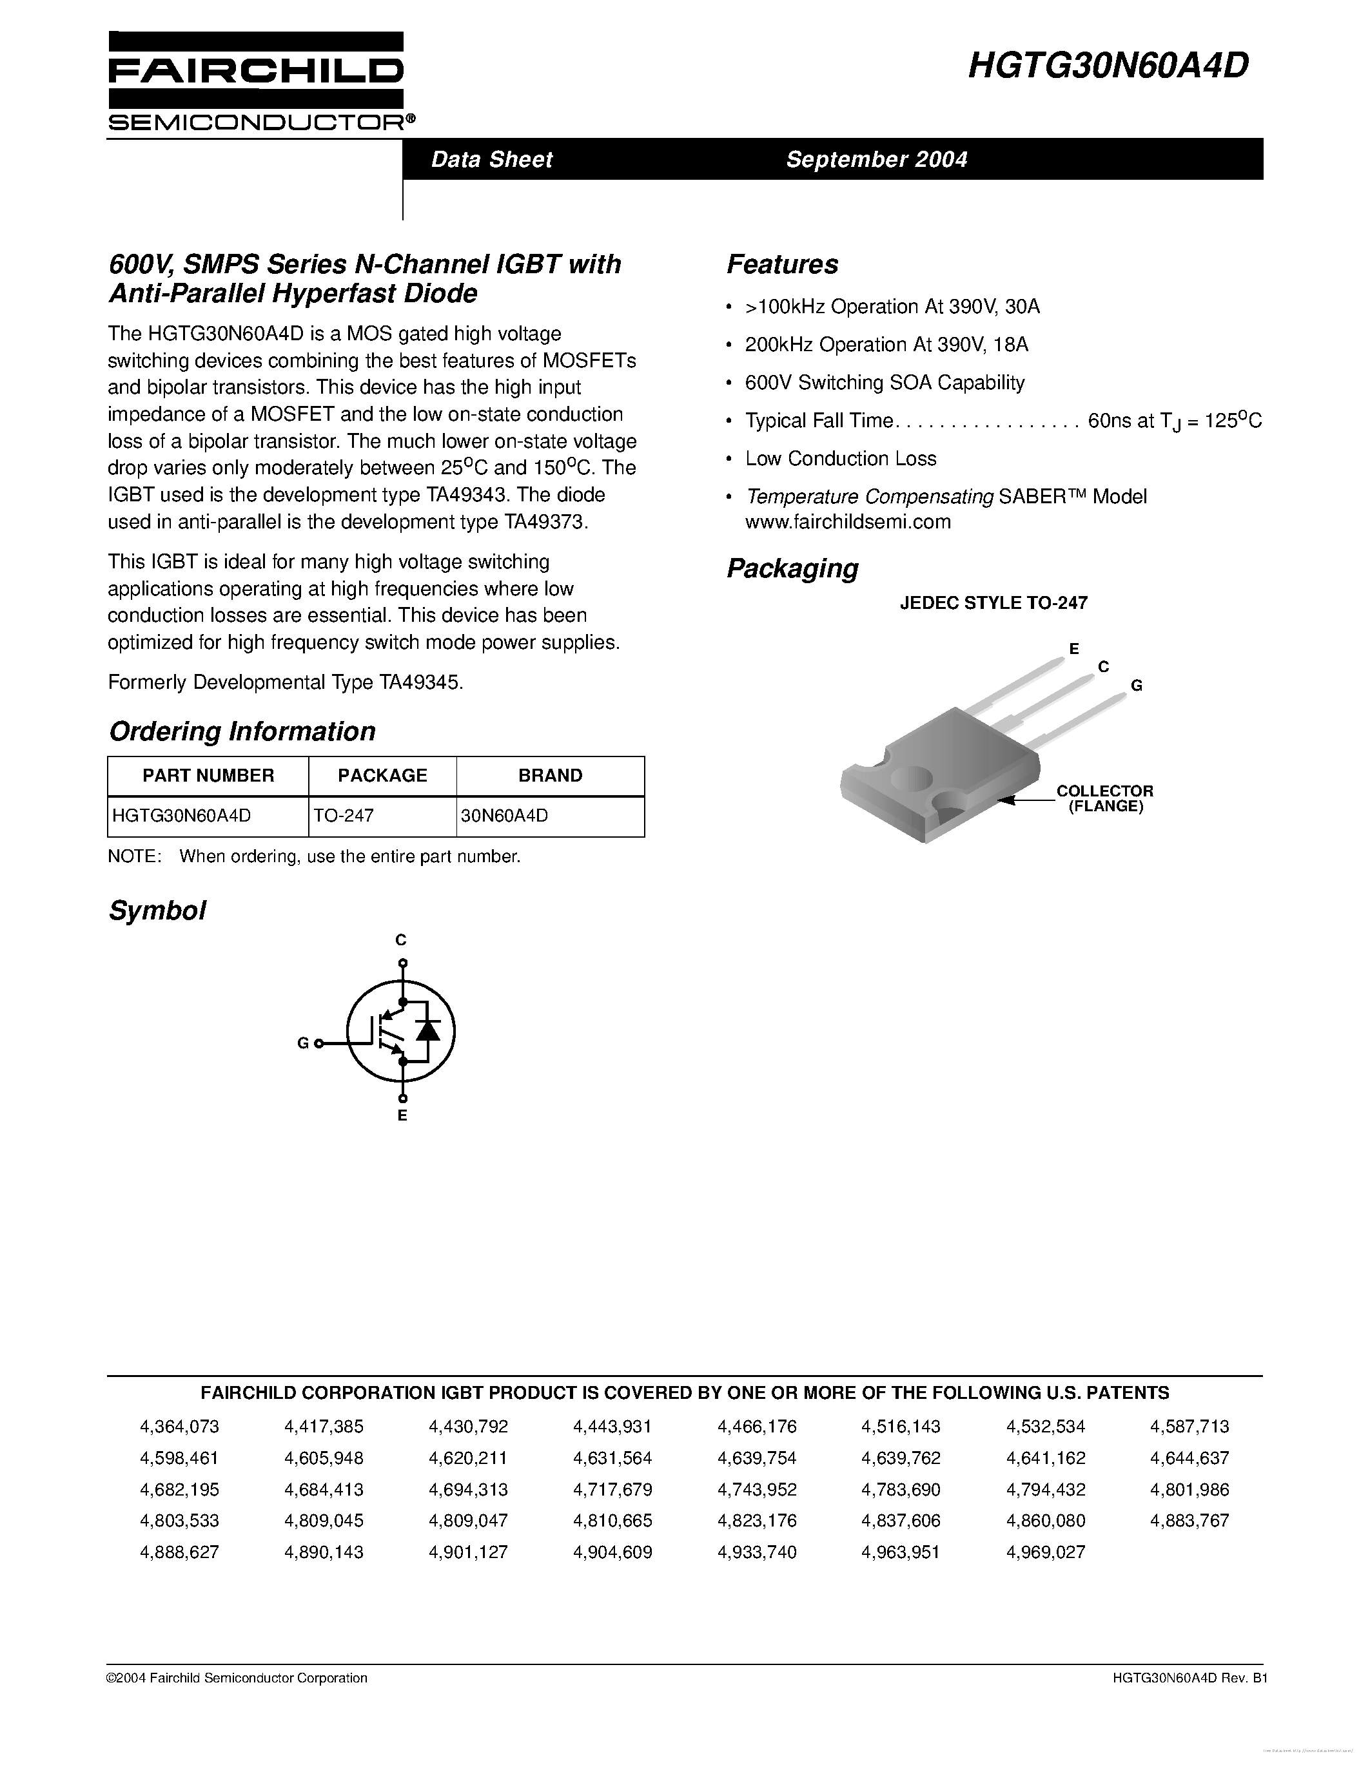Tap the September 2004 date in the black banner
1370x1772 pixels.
tap(877, 159)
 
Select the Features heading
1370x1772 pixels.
tap(783, 264)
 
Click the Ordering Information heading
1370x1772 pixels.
tap(242, 731)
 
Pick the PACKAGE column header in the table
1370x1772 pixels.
tap(382, 776)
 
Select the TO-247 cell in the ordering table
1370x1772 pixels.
tap(344, 815)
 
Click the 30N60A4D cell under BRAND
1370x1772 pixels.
tap(505, 815)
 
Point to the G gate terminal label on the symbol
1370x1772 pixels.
tap(303, 1043)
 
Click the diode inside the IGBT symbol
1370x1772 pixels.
tap(427, 1030)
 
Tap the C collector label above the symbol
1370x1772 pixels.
tap(401, 939)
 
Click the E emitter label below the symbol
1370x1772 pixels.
tap(402, 1115)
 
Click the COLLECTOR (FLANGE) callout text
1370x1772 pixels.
tap(1104, 798)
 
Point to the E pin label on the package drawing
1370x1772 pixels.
tap(1074, 648)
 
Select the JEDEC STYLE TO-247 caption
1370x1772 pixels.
tap(993, 603)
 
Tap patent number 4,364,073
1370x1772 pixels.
tap(179, 1427)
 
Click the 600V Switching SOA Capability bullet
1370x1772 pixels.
tap(885, 382)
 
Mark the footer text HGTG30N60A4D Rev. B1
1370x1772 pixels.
tap(1179, 1678)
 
